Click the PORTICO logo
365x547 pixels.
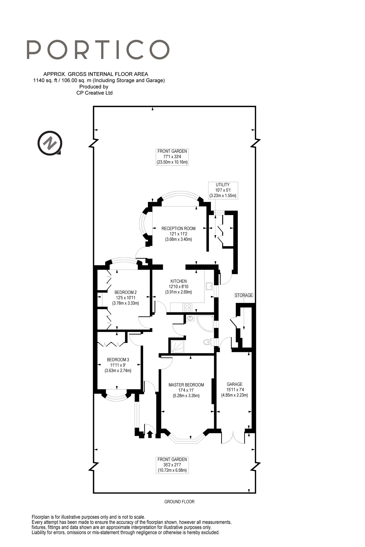click(98, 50)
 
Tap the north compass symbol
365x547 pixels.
click(50, 143)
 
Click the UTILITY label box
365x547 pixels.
click(223, 190)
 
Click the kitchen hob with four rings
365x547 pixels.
click(187, 308)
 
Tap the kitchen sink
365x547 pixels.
click(209, 286)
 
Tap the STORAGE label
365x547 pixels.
click(244, 295)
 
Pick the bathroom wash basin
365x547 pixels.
click(190, 318)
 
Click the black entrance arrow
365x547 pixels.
click(150, 434)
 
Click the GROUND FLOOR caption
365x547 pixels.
click(180, 502)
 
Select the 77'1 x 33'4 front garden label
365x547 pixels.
click(172, 157)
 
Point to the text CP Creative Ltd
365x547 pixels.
click(94, 93)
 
